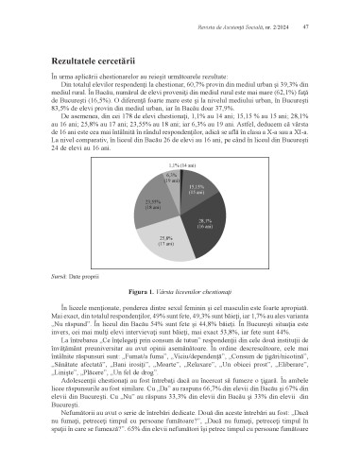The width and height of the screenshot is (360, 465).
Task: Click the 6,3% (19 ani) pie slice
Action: (x=172, y=180)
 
